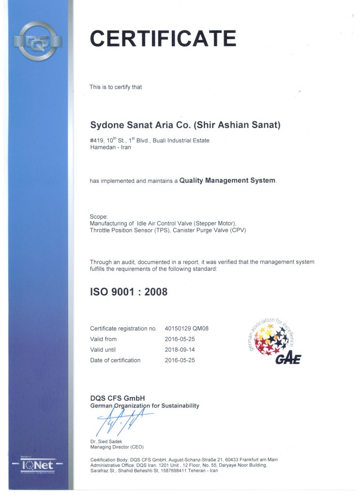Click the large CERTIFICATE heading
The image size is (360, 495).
163,38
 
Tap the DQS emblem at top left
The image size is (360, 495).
37,41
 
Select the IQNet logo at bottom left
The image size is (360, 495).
38,466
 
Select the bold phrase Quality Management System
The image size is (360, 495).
227,181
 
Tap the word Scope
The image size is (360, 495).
99,216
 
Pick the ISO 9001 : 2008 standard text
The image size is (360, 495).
129,292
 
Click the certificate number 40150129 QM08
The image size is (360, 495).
187,329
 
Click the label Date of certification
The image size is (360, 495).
115,360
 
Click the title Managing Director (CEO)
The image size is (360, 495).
117,447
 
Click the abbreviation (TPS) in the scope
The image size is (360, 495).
162,230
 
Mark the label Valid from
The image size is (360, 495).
103,339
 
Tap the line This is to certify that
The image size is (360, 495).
116,87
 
